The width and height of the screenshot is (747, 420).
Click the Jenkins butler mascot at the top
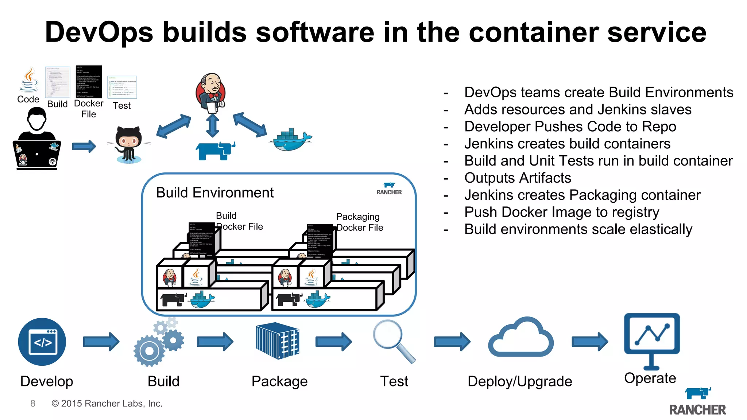(x=211, y=93)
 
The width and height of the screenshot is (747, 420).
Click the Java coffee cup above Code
(x=29, y=80)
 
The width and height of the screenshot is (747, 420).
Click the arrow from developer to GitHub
(x=84, y=147)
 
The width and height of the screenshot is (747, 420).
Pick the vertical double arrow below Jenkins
(x=212, y=126)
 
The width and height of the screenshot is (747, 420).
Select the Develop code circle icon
(x=42, y=342)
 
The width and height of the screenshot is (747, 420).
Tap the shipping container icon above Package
(x=278, y=341)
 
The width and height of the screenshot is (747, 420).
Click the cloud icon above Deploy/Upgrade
(x=520, y=338)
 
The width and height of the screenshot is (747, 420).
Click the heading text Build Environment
(x=214, y=192)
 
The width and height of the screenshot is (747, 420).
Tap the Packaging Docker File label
(x=359, y=222)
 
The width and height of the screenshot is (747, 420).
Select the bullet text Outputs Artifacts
(x=517, y=178)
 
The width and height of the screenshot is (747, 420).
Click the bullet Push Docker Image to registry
(x=561, y=212)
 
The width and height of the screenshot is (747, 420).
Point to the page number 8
(x=33, y=403)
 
